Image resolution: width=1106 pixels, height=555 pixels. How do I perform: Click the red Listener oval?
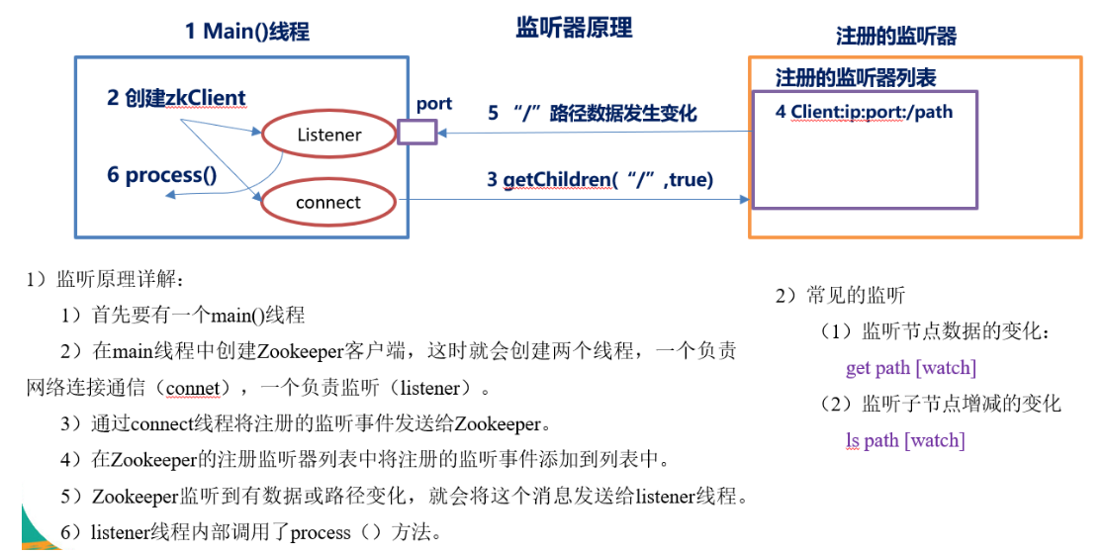pos(328,135)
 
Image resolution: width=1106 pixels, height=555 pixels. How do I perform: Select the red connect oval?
pos(328,203)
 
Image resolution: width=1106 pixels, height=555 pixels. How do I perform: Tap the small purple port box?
pos(416,133)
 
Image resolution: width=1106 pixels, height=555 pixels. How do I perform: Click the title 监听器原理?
pos(574,28)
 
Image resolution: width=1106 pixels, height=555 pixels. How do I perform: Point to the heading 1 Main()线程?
pos(247,32)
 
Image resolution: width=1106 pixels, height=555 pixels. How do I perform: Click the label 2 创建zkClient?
pos(177,98)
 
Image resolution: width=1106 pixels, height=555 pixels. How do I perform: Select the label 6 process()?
pos(161,176)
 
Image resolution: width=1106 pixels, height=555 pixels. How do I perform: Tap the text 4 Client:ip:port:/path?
pos(864,112)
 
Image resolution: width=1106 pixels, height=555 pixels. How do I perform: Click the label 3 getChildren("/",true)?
pos(600,179)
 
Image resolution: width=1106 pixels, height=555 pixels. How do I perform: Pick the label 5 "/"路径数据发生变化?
pos(592,114)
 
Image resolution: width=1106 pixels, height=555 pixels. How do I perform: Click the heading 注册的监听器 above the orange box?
pos(896,37)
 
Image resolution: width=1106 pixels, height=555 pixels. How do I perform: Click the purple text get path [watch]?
pos(911,368)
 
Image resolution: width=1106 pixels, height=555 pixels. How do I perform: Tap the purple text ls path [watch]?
pos(905,440)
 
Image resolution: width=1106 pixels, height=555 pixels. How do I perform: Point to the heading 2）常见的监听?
pos(840,296)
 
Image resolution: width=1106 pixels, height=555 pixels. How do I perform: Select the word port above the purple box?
pos(433,104)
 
